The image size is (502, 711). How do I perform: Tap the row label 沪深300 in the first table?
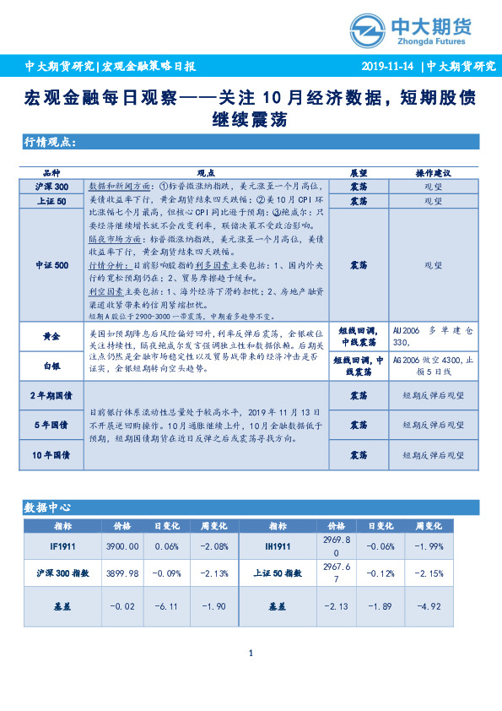click(51, 186)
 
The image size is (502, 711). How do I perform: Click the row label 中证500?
click(51, 264)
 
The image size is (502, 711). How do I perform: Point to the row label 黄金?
click(51, 336)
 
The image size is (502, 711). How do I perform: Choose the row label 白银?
click(51, 366)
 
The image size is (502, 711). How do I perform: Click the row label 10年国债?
click(51, 455)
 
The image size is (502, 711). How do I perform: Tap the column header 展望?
click(358, 171)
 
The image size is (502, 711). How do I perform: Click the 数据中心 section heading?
click(47, 507)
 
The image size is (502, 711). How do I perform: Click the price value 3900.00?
click(123, 545)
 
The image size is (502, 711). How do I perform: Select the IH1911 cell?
click(278, 545)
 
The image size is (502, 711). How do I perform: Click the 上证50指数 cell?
click(278, 573)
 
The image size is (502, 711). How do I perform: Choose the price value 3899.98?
click(123, 573)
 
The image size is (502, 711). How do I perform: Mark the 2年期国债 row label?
click(51, 394)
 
